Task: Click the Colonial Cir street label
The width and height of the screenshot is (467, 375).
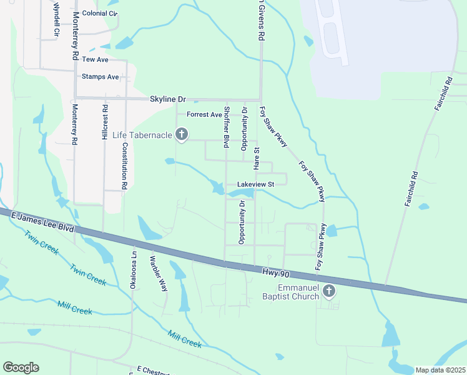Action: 99,12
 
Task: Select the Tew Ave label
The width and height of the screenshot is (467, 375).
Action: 96,59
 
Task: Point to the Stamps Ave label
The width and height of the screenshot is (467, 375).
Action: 100,77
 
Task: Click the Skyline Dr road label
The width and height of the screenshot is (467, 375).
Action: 168,99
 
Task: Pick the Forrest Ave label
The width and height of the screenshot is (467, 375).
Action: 205,114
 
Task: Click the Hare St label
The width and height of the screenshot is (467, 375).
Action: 256,159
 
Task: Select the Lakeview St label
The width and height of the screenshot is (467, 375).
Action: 255,184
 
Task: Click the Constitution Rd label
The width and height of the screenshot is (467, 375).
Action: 125,166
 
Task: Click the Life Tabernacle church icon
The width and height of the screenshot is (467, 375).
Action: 182,134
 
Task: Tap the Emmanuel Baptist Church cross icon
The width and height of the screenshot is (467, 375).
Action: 329,291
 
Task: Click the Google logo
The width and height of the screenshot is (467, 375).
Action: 21,367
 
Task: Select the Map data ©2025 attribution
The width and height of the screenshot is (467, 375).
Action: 440,370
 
